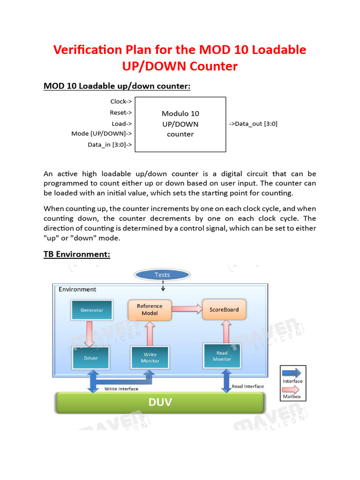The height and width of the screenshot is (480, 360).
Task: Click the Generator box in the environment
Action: [x=91, y=310]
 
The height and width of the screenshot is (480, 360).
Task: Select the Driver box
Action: [x=91, y=358]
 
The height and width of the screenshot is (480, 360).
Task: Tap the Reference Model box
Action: [x=150, y=309]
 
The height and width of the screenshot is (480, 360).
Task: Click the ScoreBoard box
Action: [x=224, y=309]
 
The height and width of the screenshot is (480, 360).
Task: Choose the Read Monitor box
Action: [x=222, y=356]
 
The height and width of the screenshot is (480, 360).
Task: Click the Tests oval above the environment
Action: [x=162, y=275]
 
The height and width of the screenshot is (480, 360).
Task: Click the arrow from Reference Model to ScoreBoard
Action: [x=186, y=308]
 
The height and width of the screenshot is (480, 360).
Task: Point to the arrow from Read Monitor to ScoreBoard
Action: [x=226, y=332]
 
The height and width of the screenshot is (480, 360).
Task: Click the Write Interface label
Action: [x=121, y=389]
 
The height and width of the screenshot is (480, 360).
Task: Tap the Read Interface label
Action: [x=247, y=387]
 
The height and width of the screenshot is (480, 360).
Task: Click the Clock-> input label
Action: [x=121, y=101]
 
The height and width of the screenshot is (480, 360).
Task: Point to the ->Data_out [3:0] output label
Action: [x=253, y=124]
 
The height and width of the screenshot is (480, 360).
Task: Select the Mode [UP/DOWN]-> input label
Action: [x=101, y=134]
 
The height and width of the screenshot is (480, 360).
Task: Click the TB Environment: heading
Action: [x=77, y=254]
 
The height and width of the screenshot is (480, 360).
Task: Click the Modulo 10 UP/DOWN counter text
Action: [x=180, y=124]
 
